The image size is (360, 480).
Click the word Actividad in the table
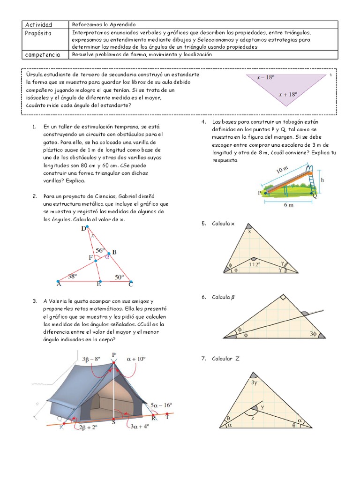click(38, 24)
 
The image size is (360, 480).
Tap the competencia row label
click(42, 54)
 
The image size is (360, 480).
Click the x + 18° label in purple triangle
click(288, 94)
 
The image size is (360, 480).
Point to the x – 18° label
click(265, 77)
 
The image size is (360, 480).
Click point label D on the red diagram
click(83, 228)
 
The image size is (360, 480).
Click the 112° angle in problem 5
click(255, 265)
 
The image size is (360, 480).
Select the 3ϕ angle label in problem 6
click(313, 334)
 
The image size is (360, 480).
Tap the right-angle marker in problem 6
click(283, 297)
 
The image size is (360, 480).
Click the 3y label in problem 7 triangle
click(254, 382)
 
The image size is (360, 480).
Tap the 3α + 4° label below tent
click(139, 426)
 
